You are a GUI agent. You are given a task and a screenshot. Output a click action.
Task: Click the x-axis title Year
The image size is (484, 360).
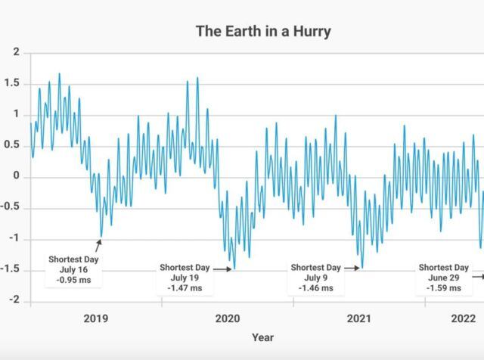tap(262, 337)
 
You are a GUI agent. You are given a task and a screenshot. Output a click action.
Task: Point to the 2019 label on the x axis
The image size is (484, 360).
tap(95, 318)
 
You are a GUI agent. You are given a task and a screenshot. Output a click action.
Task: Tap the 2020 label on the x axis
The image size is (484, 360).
tap(227, 318)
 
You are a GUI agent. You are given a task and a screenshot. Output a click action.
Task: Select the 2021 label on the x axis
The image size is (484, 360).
tap(358, 318)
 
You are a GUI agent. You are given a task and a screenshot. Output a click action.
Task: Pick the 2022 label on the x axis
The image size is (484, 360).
tap(463, 318)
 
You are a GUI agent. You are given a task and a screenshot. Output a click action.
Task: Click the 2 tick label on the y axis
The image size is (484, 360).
tap(16, 52)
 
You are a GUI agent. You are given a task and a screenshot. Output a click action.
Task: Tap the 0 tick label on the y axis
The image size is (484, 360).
tap(16, 177)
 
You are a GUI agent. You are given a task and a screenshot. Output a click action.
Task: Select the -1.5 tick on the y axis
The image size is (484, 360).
tap(11, 270)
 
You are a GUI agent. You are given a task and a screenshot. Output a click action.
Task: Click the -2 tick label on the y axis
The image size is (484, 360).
tap(14, 301)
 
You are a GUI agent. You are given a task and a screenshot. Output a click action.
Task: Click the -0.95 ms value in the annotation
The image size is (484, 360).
tap(73, 281)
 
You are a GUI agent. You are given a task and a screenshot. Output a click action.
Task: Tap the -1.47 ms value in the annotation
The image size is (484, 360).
tap(185, 288)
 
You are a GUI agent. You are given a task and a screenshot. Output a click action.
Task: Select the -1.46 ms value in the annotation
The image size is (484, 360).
tap(316, 288)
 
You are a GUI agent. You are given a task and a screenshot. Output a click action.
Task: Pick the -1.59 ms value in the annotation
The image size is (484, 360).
tap(444, 288)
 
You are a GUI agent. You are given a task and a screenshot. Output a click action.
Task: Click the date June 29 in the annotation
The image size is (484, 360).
tap(444, 278)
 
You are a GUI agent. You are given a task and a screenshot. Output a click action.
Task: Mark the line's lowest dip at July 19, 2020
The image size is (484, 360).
tap(234, 268)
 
